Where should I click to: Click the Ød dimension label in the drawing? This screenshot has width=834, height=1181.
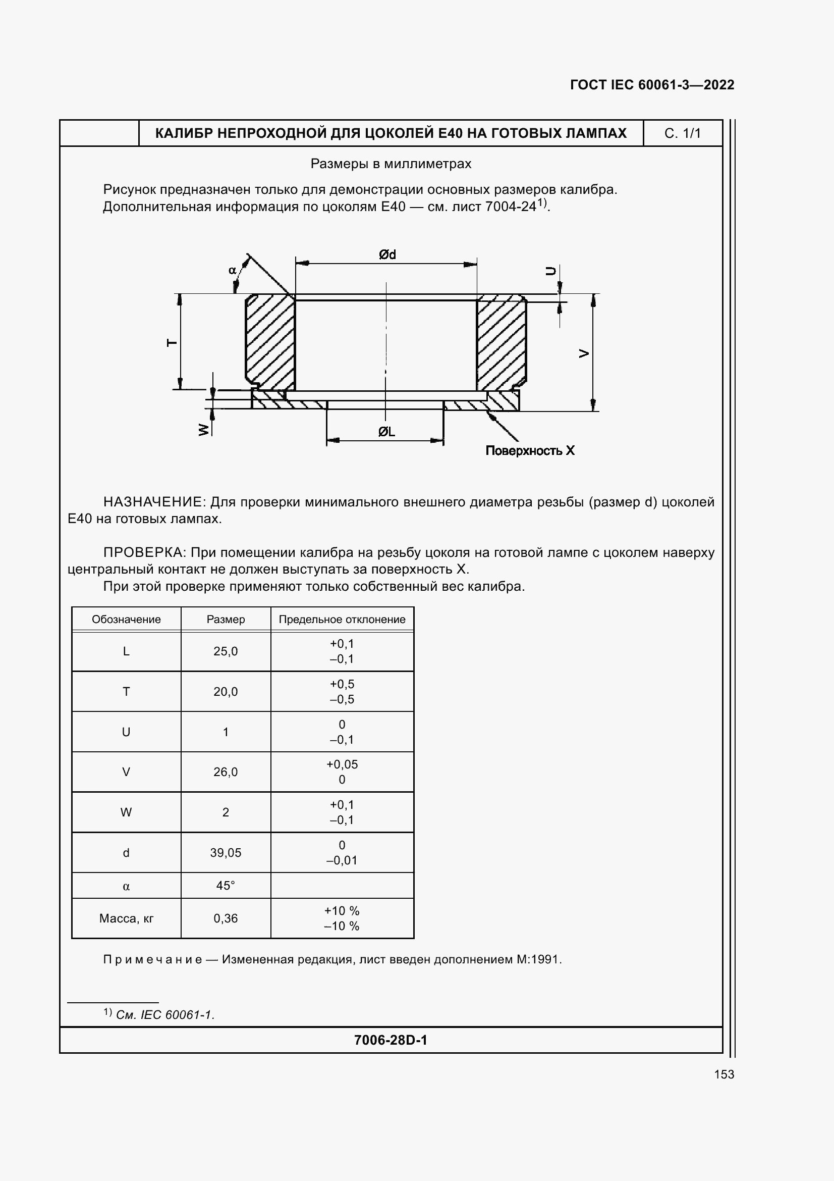387,254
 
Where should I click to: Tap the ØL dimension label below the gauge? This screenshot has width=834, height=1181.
386,432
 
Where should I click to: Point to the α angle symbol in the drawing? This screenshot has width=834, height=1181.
232,270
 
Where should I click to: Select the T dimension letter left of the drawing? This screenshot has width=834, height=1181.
173,342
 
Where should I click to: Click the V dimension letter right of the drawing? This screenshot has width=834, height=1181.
584,353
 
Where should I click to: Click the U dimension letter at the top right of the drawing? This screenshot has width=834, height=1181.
550,271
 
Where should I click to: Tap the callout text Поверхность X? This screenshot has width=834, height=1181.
530,450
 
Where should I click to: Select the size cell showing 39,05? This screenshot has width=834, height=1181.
226,852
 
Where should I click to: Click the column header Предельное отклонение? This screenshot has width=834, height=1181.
342,620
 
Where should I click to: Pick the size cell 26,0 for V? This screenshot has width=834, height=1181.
226,772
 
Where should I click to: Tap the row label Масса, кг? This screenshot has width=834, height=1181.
127,918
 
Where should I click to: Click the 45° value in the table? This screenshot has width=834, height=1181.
226,885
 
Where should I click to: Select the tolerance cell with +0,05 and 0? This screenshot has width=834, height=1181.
342,772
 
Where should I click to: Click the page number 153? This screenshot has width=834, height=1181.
724,1074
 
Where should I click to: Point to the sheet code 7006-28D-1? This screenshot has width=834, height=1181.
391,1040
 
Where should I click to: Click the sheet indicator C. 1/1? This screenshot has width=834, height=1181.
683,133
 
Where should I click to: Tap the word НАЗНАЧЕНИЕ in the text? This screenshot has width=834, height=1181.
154,501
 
